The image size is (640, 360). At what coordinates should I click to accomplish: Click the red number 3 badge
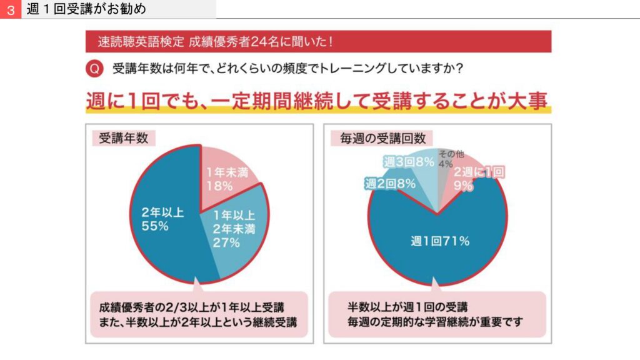click(10, 10)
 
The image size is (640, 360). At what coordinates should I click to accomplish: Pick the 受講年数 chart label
click(119, 138)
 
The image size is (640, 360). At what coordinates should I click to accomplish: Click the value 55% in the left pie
click(154, 226)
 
